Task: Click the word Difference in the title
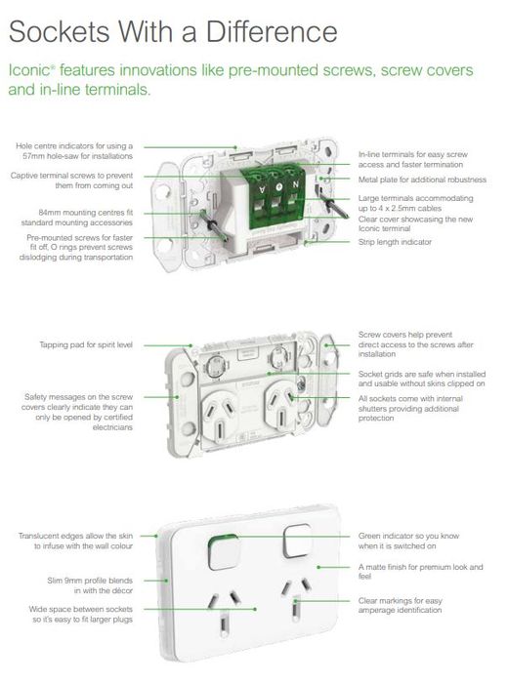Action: pyautogui.click(x=272, y=31)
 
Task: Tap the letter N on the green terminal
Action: pyautogui.click(x=296, y=184)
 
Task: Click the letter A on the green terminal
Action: pyautogui.click(x=262, y=189)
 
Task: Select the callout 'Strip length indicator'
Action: pyautogui.click(x=395, y=242)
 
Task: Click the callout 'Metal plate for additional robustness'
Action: pyautogui.click(x=422, y=180)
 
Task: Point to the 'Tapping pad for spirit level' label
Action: pyautogui.click(x=86, y=344)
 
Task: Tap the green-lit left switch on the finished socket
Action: pyautogui.click(x=224, y=552)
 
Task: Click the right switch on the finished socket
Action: pyautogui.click(x=298, y=541)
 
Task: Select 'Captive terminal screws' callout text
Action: pyautogui.click(x=71, y=181)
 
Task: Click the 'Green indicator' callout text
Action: pyautogui.click(x=408, y=541)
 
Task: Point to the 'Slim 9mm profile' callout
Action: pyautogui.click(x=90, y=585)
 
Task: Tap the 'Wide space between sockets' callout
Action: pyautogui.click(x=81, y=614)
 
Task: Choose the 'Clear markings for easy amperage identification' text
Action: pyautogui.click(x=401, y=605)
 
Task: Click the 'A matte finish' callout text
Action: pyautogui.click(x=421, y=571)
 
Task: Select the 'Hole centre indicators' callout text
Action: pyautogui.click(x=74, y=150)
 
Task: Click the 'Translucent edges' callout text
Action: pyautogui.click(x=75, y=541)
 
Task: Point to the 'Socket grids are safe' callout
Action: pyautogui.click(x=422, y=379)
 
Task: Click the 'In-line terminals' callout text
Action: pyautogui.click(x=412, y=159)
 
